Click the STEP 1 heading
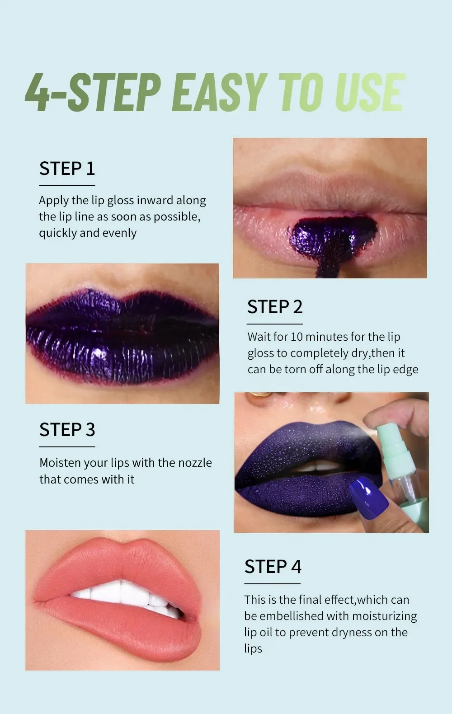pyautogui.click(x=67, y=169)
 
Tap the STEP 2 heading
pyautogui.click(x=275, y=307)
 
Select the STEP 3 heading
pyautogui.click(x=67, y=430)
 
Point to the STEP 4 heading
pyautogui.click(x=273, y=567)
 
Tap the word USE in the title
pyautogui.click(x=368, y=92)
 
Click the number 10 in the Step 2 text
pyautogui.click(x=297, y=337)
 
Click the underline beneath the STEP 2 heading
pyautogui.click(x=274, y=324)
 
